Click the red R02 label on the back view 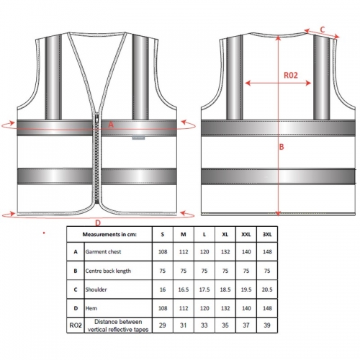(291, 75)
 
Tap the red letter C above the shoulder (323, 30)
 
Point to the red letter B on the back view (282, 147)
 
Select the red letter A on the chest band (111, 125)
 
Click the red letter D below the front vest (98, 223)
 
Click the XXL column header (246, 234)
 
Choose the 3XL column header (267, 234)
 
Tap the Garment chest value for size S (163, 251)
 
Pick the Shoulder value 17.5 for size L (204, 289)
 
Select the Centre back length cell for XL (225, 271)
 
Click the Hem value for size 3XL (267, 308)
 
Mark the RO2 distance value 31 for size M (184, 325)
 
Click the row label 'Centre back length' (108, 271)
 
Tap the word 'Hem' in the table (91, 308)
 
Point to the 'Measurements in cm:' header (109, 234)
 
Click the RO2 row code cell (76, 325)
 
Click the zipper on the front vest (97, 158)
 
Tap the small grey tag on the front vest (138, 138)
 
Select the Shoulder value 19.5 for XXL (246, 289)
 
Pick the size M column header (184, 234)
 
